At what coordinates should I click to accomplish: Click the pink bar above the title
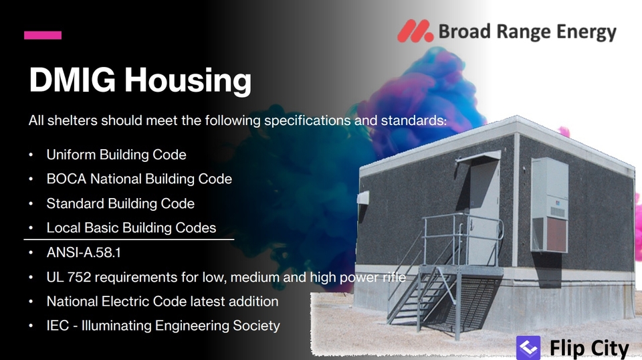point(43,35)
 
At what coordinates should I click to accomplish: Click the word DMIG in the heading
point(72,80)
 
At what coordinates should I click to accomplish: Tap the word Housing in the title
point(188,81)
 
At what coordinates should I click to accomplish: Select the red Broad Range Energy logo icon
point(415,31)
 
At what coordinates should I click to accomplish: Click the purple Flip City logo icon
point(528,348)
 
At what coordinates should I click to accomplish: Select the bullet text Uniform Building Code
point(116,155)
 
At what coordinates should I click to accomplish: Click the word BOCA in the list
point(66,179)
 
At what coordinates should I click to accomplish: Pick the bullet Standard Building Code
point(120,203)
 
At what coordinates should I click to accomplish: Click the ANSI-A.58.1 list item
point(84,253)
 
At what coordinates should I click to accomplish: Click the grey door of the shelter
point(484,213)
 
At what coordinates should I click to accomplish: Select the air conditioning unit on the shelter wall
point(550,205)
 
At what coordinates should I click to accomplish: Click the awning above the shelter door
point(477,157)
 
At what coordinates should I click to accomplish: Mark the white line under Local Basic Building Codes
point(129,239)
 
